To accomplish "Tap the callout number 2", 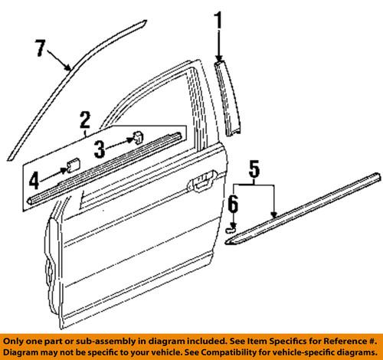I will coord(84,119).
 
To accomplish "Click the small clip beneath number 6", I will coord(233,227).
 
